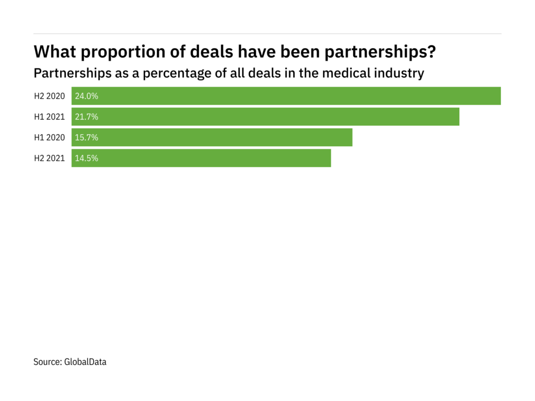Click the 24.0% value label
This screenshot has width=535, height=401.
tap(87, 96)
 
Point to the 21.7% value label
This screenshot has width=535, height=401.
tap(87, 117)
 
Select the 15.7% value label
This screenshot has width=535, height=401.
tap(87, 138)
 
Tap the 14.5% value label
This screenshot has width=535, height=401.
tap(87, 158)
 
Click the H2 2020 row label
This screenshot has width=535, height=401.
tap(50, 96)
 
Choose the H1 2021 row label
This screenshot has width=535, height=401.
tap(50, 117)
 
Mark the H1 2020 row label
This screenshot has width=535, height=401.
tap(50, 138)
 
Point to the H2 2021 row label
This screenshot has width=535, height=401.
tap(50, 158)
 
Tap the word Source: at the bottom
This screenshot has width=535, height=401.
tap(48, 361)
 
